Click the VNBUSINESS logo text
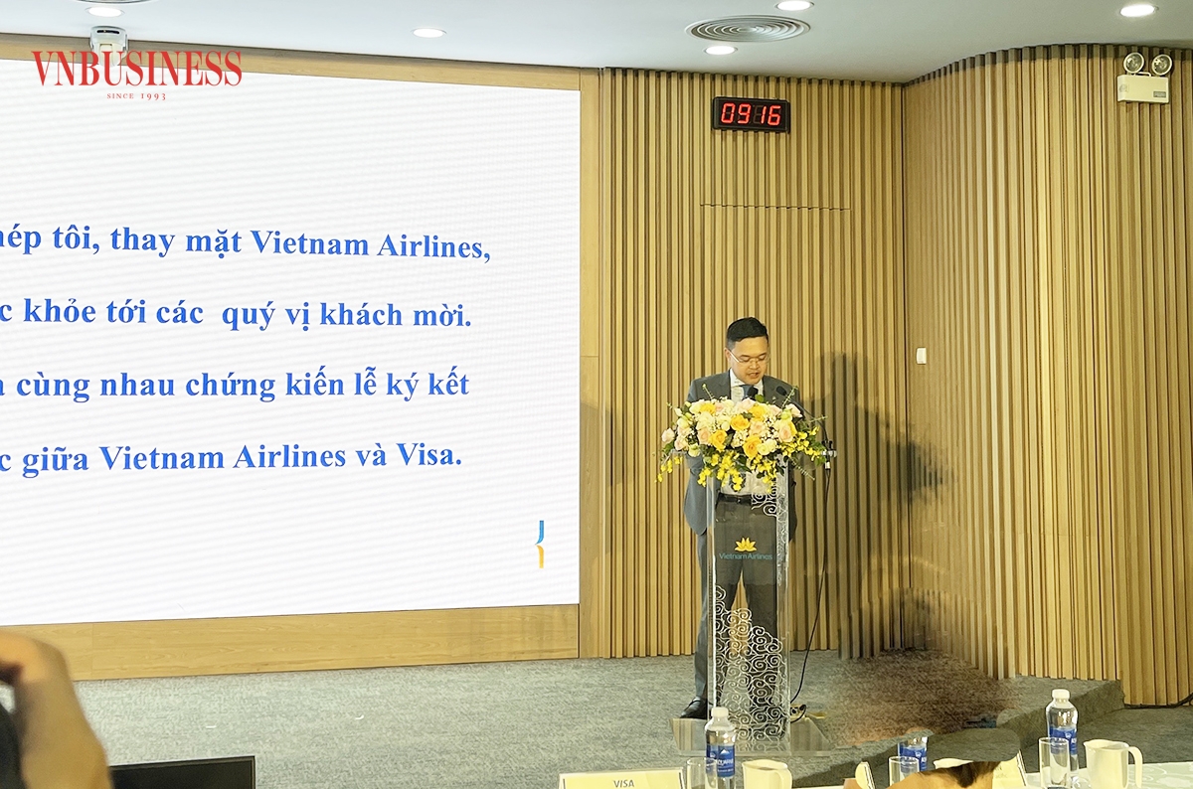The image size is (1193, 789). pos(136,69)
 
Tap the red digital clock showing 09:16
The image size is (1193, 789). pos(751,114)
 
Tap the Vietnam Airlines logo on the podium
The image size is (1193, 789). pos(745,550)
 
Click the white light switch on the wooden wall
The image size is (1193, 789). pos(921,355)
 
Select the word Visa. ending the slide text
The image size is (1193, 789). pos(428,455)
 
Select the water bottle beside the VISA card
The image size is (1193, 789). pos(720,747)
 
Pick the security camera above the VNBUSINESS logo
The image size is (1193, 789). pos(108,39)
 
